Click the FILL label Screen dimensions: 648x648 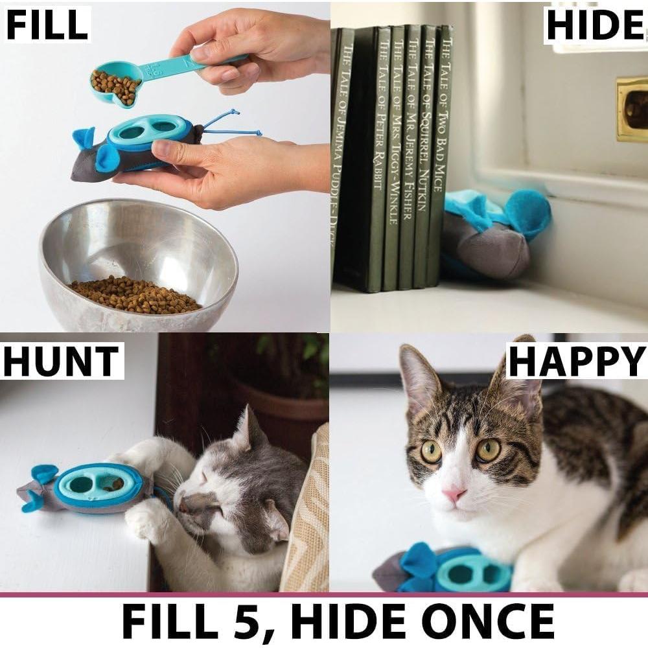(47, 24)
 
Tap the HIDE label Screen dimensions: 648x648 (594, 25)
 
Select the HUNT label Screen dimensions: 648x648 (62, 361)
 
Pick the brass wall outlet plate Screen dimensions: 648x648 (631, 108)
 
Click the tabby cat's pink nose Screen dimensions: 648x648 (454, 494)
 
